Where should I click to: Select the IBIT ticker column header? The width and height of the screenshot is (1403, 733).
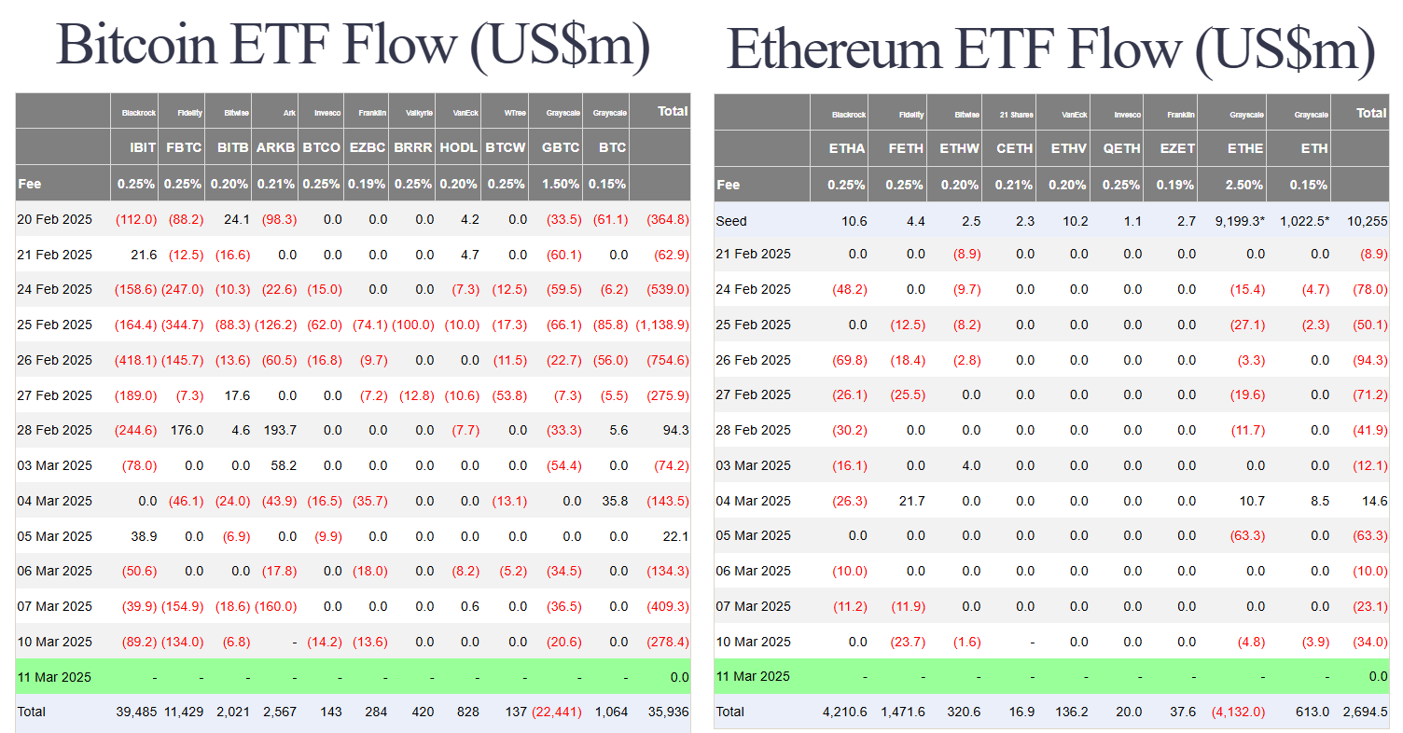coord(142,147)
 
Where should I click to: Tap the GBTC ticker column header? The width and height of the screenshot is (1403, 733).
coord(560,147)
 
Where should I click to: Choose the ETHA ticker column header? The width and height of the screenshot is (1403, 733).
coord(846,147)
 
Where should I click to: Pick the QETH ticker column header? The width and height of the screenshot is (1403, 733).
coord(1121,147)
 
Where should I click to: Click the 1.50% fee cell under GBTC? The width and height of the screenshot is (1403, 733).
coord(561,184)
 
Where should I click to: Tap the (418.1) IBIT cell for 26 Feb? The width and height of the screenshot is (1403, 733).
coord(136,360)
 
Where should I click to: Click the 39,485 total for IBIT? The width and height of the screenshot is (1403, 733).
coord(134,712)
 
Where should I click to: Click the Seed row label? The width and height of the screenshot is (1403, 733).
coord(731,221)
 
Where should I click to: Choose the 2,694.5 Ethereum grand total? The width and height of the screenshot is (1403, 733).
coord(1366,712)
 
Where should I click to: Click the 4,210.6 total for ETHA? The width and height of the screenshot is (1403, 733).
coord(843,712)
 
